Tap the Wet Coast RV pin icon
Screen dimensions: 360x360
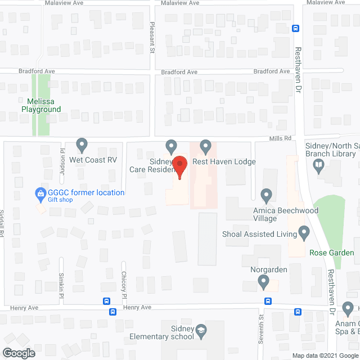82,145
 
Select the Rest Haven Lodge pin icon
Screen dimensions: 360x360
205,146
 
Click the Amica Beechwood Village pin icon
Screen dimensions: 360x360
267,195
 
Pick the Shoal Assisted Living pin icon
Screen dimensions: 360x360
304,232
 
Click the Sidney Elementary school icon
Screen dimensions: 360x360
201,332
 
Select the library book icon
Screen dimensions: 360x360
318,165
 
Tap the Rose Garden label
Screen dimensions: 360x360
332,253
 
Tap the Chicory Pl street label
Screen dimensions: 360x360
124,284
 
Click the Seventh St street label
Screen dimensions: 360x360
262,325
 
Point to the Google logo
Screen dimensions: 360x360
19,353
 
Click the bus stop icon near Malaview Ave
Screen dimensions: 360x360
295,28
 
